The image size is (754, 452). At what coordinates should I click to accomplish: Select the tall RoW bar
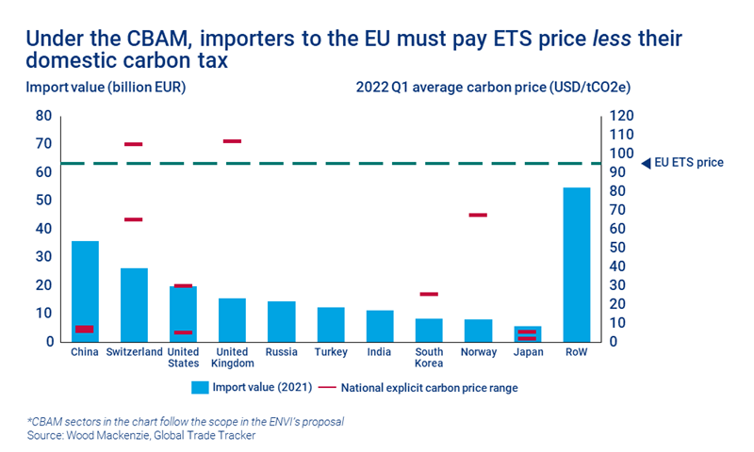pos(576,264)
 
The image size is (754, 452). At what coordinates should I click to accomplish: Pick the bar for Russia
pos(281,321)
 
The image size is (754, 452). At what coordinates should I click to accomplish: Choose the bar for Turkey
pos(330,324)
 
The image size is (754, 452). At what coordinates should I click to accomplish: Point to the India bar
pos(380,326)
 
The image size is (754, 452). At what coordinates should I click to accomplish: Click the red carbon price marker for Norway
pos(478,215)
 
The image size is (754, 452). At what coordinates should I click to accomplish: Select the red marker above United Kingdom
pos(232,141)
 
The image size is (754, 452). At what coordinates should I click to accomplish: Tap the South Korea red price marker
pos(429,294)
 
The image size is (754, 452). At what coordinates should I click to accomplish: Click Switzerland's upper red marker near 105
pos(134,144)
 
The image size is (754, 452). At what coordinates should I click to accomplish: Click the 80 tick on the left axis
pos(44,116)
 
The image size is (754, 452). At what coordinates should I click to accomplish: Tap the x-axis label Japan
pos(527,353)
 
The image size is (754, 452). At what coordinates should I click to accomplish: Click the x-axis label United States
pos(183,358)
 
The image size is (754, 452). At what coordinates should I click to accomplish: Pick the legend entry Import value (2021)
pos(251,386)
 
